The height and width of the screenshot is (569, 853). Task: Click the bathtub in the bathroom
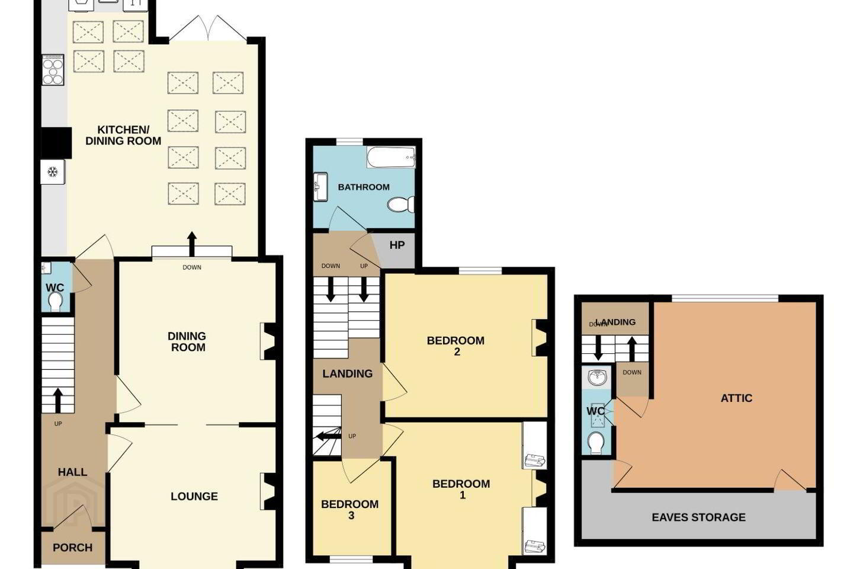391,157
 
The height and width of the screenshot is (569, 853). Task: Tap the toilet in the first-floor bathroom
400,204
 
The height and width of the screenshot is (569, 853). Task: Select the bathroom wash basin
320,187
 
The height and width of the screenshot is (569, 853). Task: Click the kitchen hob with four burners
53,69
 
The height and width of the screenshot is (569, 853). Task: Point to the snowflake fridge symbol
53,172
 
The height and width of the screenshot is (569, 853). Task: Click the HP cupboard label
397,245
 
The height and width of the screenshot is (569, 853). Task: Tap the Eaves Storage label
698,517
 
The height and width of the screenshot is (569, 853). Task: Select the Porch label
72,548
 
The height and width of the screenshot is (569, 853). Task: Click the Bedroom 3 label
350,510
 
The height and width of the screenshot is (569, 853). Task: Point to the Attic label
736,398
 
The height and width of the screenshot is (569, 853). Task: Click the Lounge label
194,496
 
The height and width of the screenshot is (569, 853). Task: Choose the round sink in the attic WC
597,378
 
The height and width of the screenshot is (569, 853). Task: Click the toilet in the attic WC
597,442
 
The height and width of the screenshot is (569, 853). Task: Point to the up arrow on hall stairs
58,401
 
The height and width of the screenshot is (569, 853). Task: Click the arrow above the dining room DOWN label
192,244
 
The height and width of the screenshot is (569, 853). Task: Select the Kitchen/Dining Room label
123,135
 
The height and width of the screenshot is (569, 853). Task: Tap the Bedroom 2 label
456,346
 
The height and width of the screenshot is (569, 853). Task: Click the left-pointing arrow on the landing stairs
328,436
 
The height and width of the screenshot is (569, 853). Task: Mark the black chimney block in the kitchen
56,142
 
